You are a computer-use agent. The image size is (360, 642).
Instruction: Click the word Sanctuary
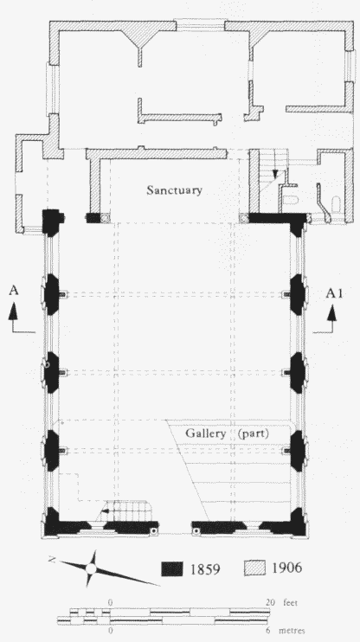pos(175,191)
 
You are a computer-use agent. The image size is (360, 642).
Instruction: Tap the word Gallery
pos(206,433)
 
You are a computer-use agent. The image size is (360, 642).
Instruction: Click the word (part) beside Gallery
pos(254,433)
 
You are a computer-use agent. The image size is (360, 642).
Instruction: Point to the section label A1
pos(335,293)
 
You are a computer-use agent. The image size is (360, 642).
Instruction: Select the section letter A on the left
pos(14,291)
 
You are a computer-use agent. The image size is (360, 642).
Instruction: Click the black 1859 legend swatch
pos(171,568)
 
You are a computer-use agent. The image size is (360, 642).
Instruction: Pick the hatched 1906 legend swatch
pos(254,568)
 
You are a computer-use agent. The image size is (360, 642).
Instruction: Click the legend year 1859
pos(205,568)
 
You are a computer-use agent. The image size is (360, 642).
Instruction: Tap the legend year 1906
pos(286,568)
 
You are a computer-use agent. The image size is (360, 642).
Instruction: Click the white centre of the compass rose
pos(91,568)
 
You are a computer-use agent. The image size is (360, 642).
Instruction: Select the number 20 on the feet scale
pos(270,603)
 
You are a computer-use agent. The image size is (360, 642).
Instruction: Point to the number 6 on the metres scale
pos(268,631)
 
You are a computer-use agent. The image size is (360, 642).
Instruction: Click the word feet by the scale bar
pos(290,603)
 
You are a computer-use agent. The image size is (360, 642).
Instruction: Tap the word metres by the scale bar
pos(292,631)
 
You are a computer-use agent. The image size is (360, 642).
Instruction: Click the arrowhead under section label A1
pos(331,312)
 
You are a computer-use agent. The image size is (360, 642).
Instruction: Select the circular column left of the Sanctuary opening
pos(106,218)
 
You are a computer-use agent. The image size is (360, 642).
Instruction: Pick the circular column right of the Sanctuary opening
pos(245,218)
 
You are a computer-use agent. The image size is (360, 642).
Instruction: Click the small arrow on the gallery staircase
pos(106,511)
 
